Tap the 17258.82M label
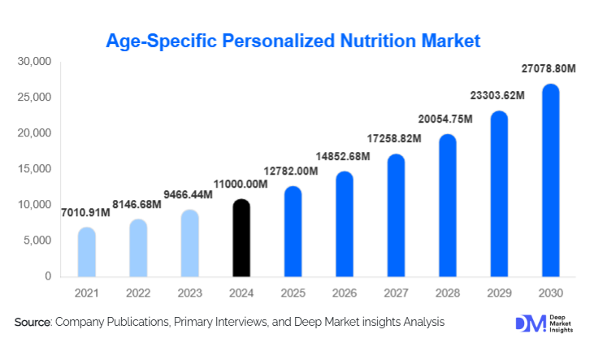click(x=393, y=140)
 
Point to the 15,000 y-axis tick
click(x=36, y=169)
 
